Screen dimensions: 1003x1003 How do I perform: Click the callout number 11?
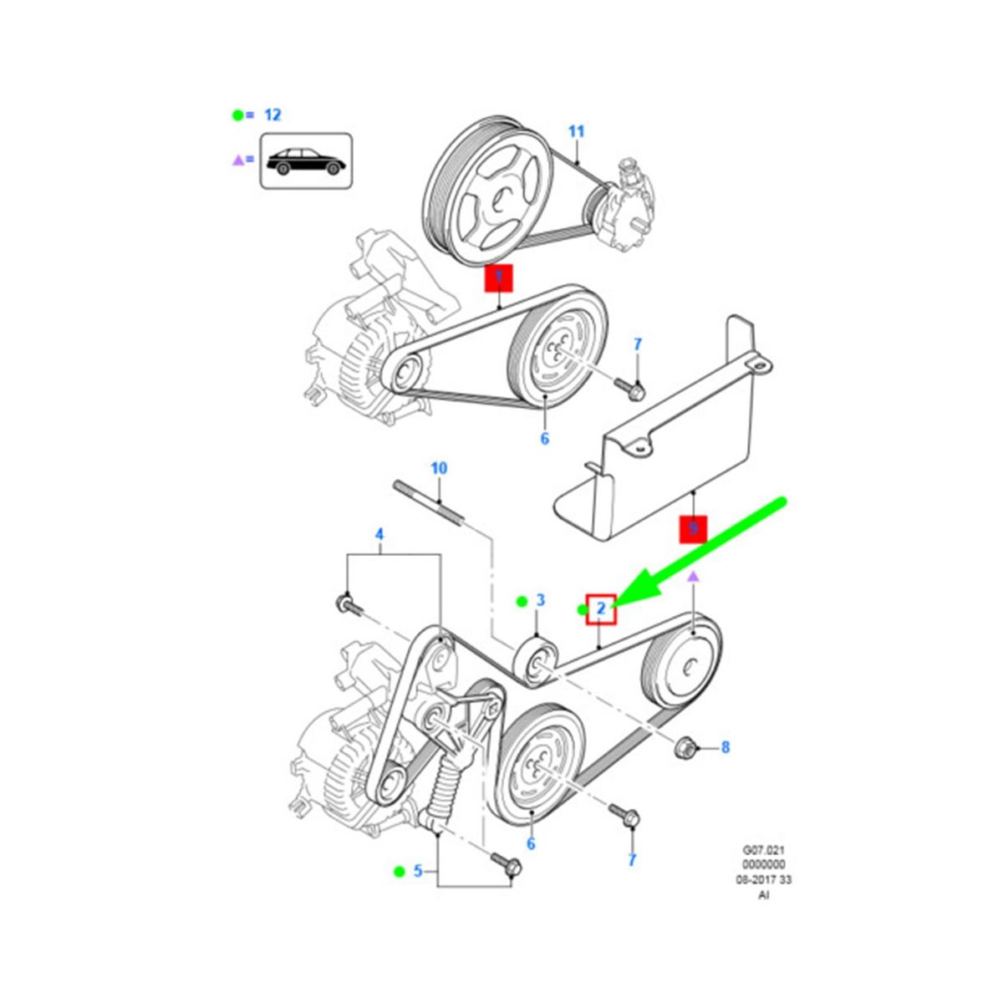point(576,131)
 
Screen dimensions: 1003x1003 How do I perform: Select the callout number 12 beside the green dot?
point(272,115)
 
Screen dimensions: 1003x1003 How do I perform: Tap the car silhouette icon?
point(304,160)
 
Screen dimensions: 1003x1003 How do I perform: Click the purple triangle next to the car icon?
point(237,159)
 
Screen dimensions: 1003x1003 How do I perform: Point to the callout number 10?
point(439,468)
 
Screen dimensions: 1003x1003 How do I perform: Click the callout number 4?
point(379,534)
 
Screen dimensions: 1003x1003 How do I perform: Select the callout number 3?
point(540,600)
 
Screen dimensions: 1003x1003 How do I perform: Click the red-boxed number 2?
point(601,609)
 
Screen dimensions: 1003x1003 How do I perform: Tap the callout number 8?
point(725,747)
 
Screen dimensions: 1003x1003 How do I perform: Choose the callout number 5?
point(418,871)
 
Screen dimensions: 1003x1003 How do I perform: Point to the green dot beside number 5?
point(400,871)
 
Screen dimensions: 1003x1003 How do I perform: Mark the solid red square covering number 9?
point(693,529)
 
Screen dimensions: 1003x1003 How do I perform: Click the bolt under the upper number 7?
point(629,387)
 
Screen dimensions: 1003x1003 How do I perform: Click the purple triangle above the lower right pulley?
point(692,577)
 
